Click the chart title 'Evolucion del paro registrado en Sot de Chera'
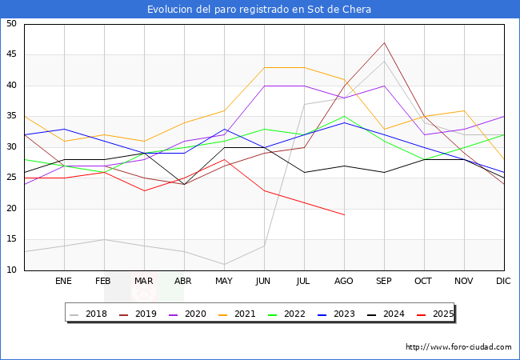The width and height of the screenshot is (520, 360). point(259,10)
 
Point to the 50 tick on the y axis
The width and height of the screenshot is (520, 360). point(11,24)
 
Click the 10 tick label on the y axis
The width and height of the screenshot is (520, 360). point(11,270)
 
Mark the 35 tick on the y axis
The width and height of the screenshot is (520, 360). point(11,117)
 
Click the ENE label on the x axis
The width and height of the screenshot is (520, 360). point(64,282)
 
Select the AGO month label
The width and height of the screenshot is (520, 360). point(344,282)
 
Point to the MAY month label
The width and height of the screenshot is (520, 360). point(224,282)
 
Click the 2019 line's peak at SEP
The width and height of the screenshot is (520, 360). point(384,42)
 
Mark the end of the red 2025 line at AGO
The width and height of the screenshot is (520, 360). point(344,215)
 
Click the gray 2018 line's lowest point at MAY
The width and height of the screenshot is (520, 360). point(224,264)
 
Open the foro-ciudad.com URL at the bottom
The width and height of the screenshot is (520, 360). point(458,347)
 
